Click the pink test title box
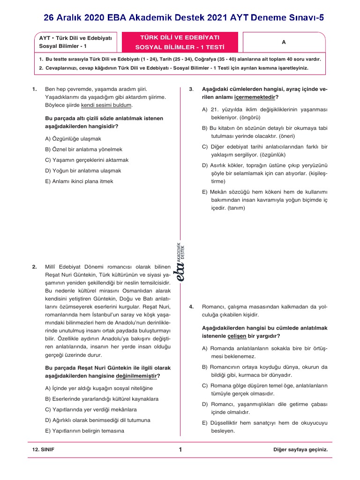tap(180, 42)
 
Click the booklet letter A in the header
tap(284, 42)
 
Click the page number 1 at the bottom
tap(180, 450)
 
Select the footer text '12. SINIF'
tap(43, 450)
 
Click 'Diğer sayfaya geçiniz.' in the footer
tap(300, 450)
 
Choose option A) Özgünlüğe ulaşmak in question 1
tap(73, 139)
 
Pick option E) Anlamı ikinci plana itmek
tap(79, 181)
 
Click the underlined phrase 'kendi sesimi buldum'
tap(106, 105)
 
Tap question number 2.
tap(35, 267)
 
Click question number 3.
tap(191, 89)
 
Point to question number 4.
tap(191, 307)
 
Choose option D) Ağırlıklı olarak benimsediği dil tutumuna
tap(97, 420)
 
